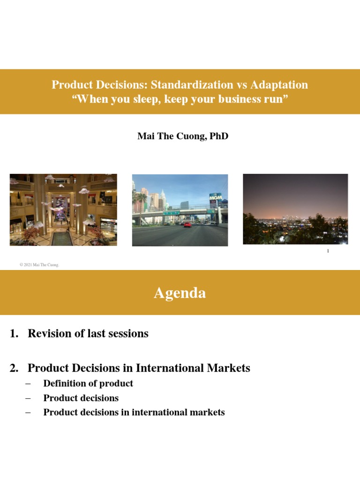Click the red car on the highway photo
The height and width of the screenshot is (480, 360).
(187, 225)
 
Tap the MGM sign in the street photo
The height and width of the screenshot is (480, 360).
(215, 198)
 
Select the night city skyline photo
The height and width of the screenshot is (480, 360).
(295, 209)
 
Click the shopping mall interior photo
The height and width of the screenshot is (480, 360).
(63, 210)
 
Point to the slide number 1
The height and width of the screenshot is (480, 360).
(328, 251)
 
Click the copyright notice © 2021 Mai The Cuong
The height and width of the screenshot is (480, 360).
(39, 265)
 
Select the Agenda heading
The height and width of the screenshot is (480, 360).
(180, 293)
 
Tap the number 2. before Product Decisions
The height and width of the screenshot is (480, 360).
(14, 368)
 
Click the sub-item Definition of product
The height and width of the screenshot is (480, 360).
(88, 383)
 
